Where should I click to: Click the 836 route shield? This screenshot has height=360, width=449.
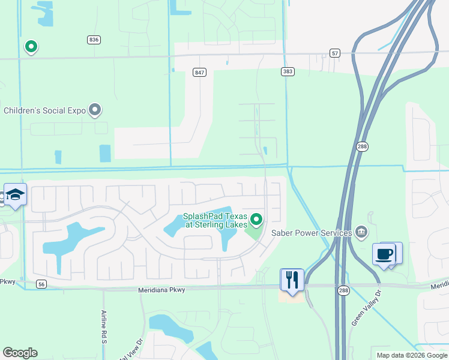coord(93,40)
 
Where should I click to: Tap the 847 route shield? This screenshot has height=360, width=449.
coord(200,72)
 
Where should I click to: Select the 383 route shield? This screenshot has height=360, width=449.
coord(288,71)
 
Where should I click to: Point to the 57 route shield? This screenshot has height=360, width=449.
coord(335,53)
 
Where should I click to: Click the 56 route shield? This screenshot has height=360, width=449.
coord(41,284)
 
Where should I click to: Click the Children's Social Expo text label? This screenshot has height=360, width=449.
coord(44,110)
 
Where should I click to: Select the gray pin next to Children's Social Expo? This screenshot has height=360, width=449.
coord(94,110)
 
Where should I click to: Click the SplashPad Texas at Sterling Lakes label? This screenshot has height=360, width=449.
coord(215,220)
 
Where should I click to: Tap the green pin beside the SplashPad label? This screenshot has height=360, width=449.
coord(257,220)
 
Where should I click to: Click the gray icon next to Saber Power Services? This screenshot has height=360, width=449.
coord(361,232)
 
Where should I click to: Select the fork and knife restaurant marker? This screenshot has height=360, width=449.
coord(292,279)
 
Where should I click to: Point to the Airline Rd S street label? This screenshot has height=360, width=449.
coord(104,326)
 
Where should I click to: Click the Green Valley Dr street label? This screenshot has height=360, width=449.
coord(366,310)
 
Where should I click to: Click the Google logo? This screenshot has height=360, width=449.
coord(20,353)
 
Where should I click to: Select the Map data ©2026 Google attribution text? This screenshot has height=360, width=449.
coord(411,355)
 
